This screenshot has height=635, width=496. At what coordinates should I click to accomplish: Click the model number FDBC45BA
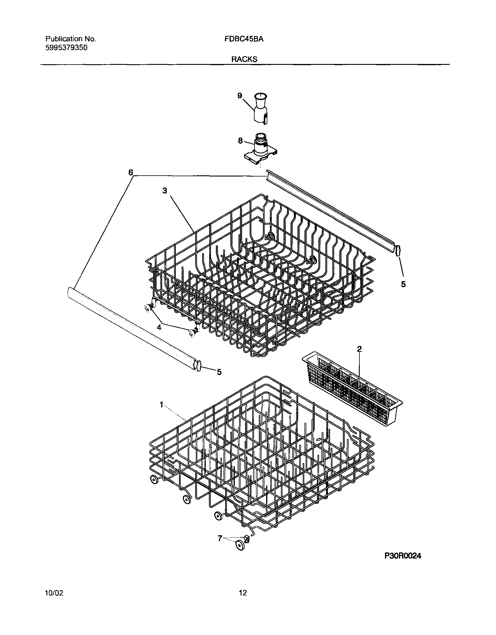tap(244, 39)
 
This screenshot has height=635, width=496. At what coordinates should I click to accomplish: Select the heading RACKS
tap(244, 59)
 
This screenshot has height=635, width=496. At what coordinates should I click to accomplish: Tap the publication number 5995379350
tap(66, 48)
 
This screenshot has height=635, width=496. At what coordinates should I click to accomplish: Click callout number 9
tap(240, 96)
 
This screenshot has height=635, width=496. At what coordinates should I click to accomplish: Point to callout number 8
tap(240, 141)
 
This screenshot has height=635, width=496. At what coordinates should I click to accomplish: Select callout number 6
tap(131, 173)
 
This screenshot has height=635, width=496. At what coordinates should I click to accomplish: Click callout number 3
tap(165, 191)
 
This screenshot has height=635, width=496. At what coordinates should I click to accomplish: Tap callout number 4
tap(159, 327)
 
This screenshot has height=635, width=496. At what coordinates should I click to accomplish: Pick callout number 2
tap(359, 349)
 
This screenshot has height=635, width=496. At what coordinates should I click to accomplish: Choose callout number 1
tap(162, 404)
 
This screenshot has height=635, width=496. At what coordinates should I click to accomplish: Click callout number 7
tap(220, 538)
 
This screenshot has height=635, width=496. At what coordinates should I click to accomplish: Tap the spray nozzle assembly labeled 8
tap(260, 150)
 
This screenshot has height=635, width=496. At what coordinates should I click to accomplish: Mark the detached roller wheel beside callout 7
tap(240, 545)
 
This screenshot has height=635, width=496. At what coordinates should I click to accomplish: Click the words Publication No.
tap(71, 39)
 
